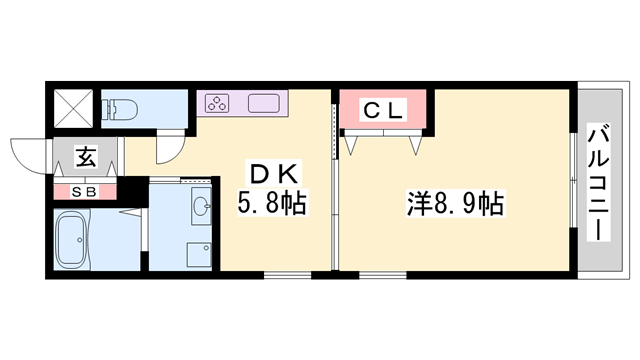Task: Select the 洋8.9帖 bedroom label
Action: pos(455,204)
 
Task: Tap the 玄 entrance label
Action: pos(86,158)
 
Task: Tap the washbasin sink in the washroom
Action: pos(201,207)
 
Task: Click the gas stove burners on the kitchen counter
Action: pos(219,102)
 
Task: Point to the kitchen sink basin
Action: pos(264,102)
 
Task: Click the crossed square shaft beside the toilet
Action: pos(71,107)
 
